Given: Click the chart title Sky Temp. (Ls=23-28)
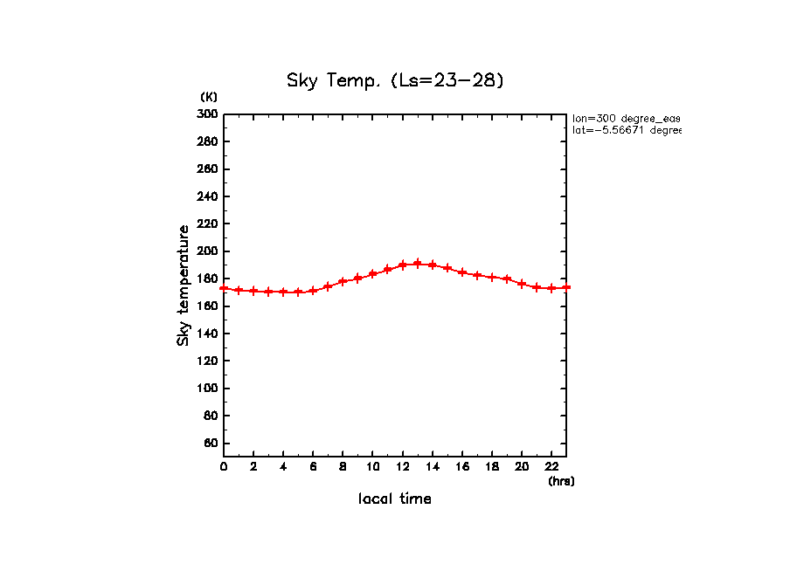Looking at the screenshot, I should (395, 80).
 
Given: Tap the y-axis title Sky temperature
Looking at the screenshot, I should (184, 285).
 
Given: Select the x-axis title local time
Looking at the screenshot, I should (395, 499).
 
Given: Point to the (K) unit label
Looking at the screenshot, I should (209, 96).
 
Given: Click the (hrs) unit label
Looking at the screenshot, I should (561, 480).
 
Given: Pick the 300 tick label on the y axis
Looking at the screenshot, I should (207, 114).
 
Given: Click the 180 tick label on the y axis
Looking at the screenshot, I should (207, 279).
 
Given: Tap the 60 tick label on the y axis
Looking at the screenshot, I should (210, 444).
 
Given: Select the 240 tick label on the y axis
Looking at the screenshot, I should (207, 196).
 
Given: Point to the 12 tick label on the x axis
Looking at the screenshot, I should (402, 466).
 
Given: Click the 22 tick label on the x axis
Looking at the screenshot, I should (551, 466).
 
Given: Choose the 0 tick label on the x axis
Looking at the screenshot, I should (224, 466).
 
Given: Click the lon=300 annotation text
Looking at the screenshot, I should (626, 118).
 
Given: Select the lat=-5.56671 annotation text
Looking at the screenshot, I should (626, 130).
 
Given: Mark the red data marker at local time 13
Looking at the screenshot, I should (418, 263).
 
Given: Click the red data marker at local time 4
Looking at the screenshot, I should (283, 292).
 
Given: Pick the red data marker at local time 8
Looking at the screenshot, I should (343, 281).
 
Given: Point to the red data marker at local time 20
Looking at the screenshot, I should (522, 284).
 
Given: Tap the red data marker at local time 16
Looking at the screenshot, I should (462, 272).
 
